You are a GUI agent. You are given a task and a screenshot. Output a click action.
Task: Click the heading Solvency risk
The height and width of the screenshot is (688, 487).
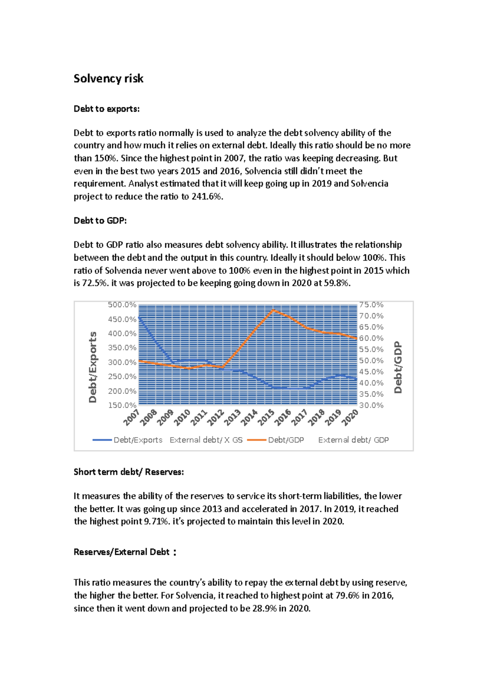[x=108, y=79]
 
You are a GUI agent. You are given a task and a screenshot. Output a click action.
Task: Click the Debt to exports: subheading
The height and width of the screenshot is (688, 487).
[x=106, y=109]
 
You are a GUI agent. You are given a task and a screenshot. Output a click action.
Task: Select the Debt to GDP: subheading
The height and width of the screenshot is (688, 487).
[x=100, y=221]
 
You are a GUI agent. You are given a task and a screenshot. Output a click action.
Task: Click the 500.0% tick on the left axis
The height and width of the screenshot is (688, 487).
[x=122, y=305]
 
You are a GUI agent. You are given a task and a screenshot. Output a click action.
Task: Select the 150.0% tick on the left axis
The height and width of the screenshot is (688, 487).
[x=122, y=405]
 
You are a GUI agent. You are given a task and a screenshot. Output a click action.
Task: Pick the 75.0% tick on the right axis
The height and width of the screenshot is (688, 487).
[x=371, y=305]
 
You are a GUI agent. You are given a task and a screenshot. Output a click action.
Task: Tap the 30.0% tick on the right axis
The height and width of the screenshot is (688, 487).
[x=371, y=405]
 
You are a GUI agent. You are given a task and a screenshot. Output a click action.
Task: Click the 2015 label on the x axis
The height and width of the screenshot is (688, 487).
[x=267, y=417]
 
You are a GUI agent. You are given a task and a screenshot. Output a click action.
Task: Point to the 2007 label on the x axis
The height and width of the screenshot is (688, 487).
[x=132, y=417]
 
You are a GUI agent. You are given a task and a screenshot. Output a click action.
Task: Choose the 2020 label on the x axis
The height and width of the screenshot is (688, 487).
[x=350, y=417]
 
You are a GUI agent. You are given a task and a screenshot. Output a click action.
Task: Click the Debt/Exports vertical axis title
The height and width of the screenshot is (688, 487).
[x=93, y=367]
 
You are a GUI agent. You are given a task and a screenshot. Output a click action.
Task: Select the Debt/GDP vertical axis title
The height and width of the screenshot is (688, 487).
[x=398, y=367]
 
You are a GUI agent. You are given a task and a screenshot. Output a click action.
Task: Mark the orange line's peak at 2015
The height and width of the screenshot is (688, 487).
[x=274, y=310]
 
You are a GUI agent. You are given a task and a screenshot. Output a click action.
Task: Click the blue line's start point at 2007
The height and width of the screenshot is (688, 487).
[x=139, y=318]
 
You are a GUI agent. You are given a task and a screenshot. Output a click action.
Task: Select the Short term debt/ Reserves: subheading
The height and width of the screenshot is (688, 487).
[x=129, y=472]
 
